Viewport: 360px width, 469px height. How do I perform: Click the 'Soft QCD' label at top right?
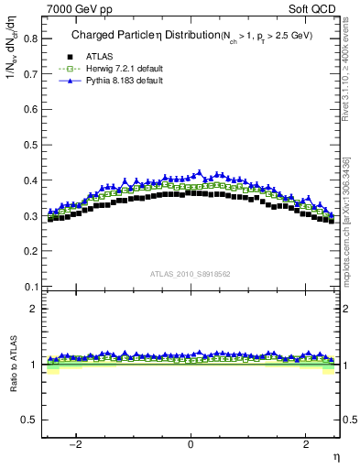click(x=316, y=9)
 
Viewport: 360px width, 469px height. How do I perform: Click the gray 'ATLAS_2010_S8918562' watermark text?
click(x=191, y=273)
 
